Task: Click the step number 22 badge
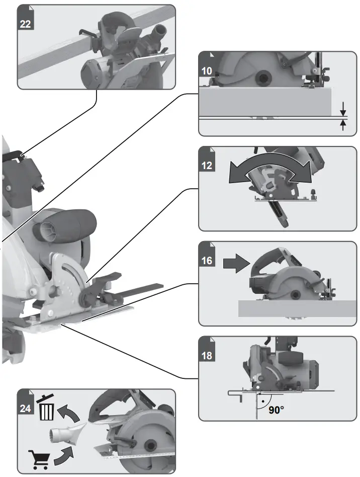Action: [x=26, y=23]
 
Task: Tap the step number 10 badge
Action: [x=207, y=70]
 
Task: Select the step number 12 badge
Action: [x=207, y=165]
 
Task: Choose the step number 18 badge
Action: [x=207, y=355]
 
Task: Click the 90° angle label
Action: [x=276, y=410]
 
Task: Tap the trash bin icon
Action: [x=47, y=409]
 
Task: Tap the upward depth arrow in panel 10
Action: [x=343, y=125]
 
